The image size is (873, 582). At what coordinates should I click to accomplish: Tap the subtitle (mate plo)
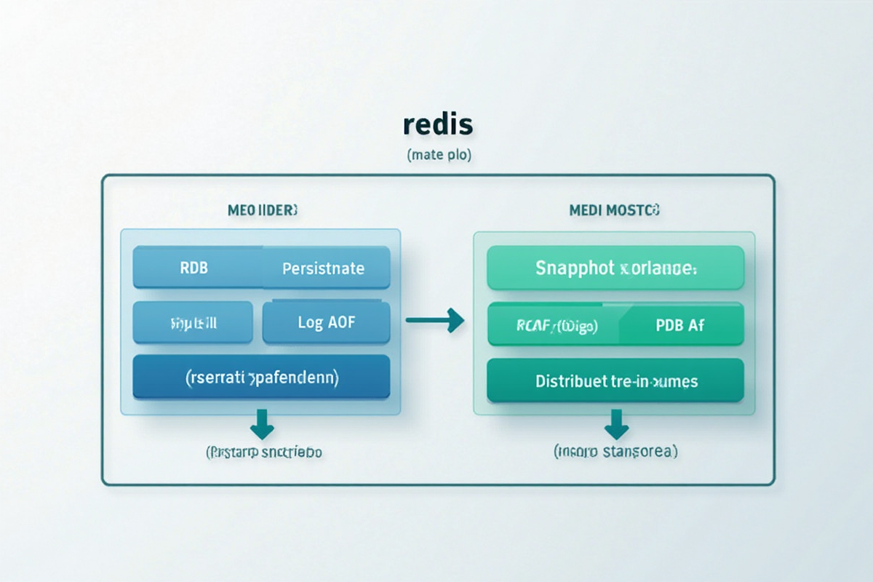click(437, 155)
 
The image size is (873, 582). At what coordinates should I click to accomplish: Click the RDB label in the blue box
click(194, 268)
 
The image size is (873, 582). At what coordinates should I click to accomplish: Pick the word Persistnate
click(323, 268)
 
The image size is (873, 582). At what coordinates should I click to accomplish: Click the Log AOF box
click(326, 322)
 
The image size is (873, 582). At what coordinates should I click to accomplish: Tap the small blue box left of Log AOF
click(193, 322)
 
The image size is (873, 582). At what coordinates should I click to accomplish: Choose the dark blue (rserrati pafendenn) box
click(261, 378)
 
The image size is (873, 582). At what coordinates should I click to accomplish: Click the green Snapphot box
click(615, 268)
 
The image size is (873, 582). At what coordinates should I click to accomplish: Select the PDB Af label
click(679, 326)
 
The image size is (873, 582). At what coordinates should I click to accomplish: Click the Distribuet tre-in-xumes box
click(615, 381)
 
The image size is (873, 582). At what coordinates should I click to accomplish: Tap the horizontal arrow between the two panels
click(435, 319)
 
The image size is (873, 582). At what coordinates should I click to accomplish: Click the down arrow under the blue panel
click(261, 421)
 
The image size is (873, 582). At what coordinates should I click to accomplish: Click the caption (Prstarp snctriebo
click(264, 452)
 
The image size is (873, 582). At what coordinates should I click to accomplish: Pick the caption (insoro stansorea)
click(615, 452)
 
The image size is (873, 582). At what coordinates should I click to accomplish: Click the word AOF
click(341, 322)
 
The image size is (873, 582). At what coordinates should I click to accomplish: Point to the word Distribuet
click(566, 381)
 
